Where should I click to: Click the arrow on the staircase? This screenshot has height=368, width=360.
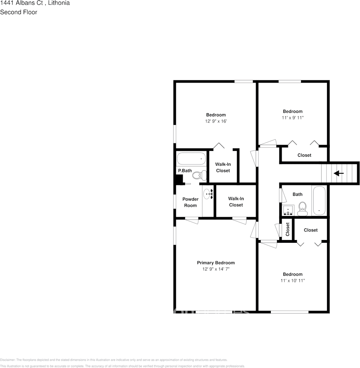tap(339, 173)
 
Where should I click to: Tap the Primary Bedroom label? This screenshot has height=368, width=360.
tap(216, 263)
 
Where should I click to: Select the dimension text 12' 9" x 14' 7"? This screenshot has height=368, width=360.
tap(216, 269)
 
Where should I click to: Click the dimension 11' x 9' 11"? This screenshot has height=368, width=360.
tap(292, 117)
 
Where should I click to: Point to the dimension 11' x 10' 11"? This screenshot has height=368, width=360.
tap(292, 280)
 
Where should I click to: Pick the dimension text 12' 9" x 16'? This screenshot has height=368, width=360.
tap(216, 121)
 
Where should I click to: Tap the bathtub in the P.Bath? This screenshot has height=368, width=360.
tap(191, 159)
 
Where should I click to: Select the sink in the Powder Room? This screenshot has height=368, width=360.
tap(208, 193)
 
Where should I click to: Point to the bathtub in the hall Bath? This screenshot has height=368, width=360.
tap(319, 201)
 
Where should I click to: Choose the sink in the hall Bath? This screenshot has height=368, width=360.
tap(288, 211)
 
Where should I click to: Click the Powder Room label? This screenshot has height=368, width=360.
tap(190, 202)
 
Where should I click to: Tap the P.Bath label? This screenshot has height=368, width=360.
tap(185, 171)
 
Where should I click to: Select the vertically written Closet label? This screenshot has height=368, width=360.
tap(287, 230)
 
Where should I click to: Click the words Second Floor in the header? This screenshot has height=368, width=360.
tap(19, 12)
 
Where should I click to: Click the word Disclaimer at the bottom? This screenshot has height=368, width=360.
tap(7, 360)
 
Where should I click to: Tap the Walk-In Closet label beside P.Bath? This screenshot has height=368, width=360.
tap(223, 168)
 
